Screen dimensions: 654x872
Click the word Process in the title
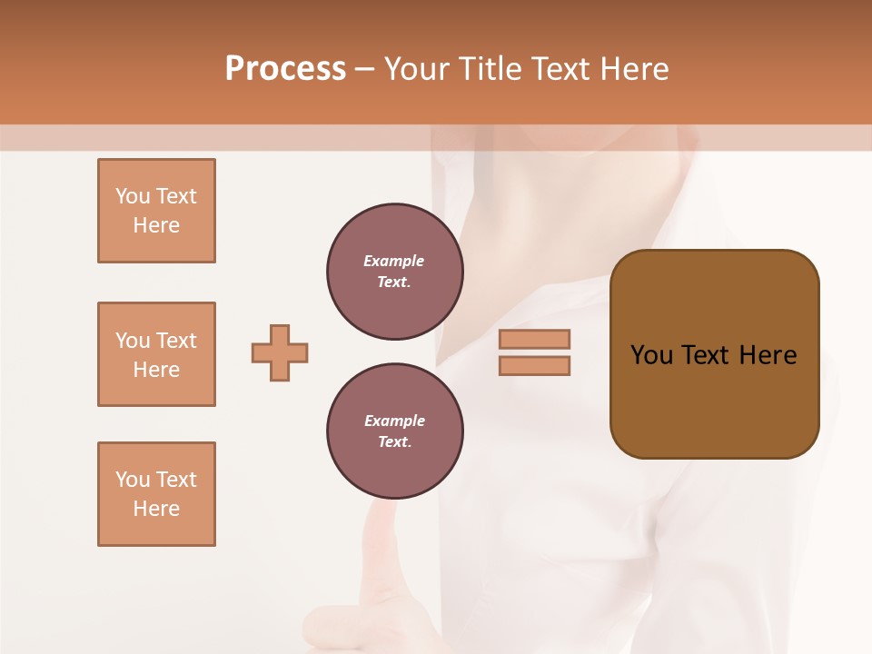coord(285,69)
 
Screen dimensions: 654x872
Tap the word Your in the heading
coord(417,69)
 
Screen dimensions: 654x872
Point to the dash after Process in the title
coord(364,70)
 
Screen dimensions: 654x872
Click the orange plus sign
coord(280,352)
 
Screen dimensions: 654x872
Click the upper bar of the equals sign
coord(534,339)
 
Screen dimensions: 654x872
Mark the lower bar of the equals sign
coord(534,365)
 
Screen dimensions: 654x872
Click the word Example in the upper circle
coord(394,261)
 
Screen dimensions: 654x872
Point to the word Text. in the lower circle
coord(394,442)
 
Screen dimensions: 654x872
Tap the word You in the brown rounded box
coord(651,355)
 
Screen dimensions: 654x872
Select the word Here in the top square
coord(156,225)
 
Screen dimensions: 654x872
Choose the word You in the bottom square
coord(133,480)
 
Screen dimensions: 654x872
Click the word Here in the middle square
coord(156,370)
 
